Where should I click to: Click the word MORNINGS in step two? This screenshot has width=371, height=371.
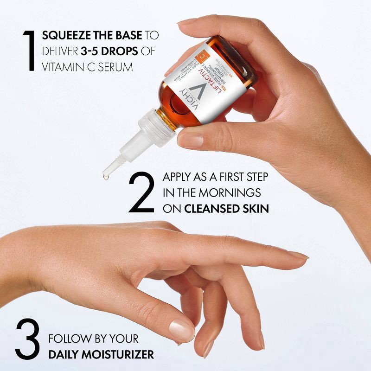click(230, 193)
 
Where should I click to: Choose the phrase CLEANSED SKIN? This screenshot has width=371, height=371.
click(226, 209)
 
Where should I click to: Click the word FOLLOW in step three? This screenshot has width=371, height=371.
click(67, 339)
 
